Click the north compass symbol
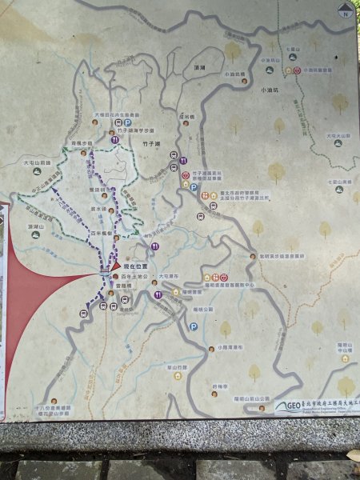point(343,11)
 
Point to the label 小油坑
point(272,92)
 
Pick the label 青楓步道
point(82,142)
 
